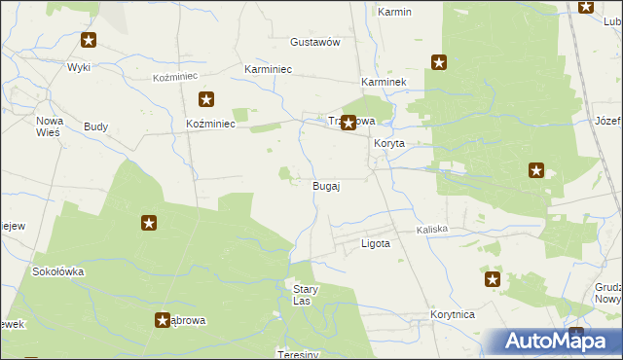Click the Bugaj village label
pyautogui.click(x=325, y=186)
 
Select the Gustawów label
pyautogui.click(x=314, y=43)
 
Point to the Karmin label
pyautogui.click(x=394, y=13)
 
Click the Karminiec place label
pyautogui.click(x=269, y=70)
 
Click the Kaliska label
pyautogui.click(x=431, y=230)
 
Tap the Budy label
pyautogui.click(x=95, y=127)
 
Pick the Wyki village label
pyautogui.click(x=78, y=67)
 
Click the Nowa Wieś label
pyautogui.click(x=49, y=126)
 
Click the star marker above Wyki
pyautogui.click(x=89, y=40)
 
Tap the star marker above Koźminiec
pyautogui.click(x=206, y=98)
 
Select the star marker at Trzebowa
pyautogui.click(x=348, y=124)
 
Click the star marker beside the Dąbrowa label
pyautogui.click(x=163, y=319)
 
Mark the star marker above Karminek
pyautogui.click(x=439, y=63)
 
